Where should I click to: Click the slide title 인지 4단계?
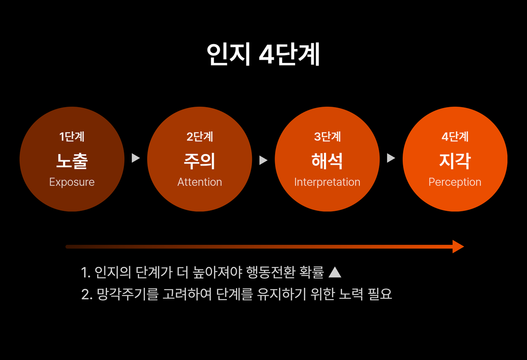click(263, 54)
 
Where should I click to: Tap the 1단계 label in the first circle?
click(72, 137)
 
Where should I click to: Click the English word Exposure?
click(72, 182)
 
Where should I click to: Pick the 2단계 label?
click(200, 137)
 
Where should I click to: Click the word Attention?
click(200, 182)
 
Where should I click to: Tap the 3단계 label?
click(327, 137)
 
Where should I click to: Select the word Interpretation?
click(327, 182)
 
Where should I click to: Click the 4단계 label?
click(455, 137)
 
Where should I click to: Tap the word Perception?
click(455, 182)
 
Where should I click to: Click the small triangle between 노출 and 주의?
click(135, 158)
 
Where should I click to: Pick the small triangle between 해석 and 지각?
click(391, 158)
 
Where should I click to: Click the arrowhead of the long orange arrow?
click(458, 247)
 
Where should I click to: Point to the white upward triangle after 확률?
click(336, 272)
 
